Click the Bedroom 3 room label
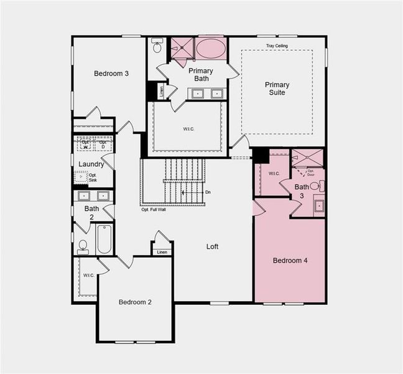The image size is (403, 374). click(x=111, y=74)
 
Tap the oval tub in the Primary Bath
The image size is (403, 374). click(x=211, y=49)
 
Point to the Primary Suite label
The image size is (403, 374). click(x=277, y=89)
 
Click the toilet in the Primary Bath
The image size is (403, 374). click(x=157, y=47)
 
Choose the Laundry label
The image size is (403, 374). click(x=91, y=165)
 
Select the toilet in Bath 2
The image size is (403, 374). click(x=83, y=246)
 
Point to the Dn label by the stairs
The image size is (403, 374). click(x=208, y=192)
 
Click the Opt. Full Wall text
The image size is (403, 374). click(x=153, y=209)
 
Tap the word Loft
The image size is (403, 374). click(x=212, y=246)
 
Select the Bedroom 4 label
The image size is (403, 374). click(x=289, y=261)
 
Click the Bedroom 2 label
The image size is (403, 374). click(x=136, y=302)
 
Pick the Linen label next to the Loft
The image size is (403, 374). click(x=162, y=252)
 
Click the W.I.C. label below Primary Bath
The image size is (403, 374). click(x=188, y=129)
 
